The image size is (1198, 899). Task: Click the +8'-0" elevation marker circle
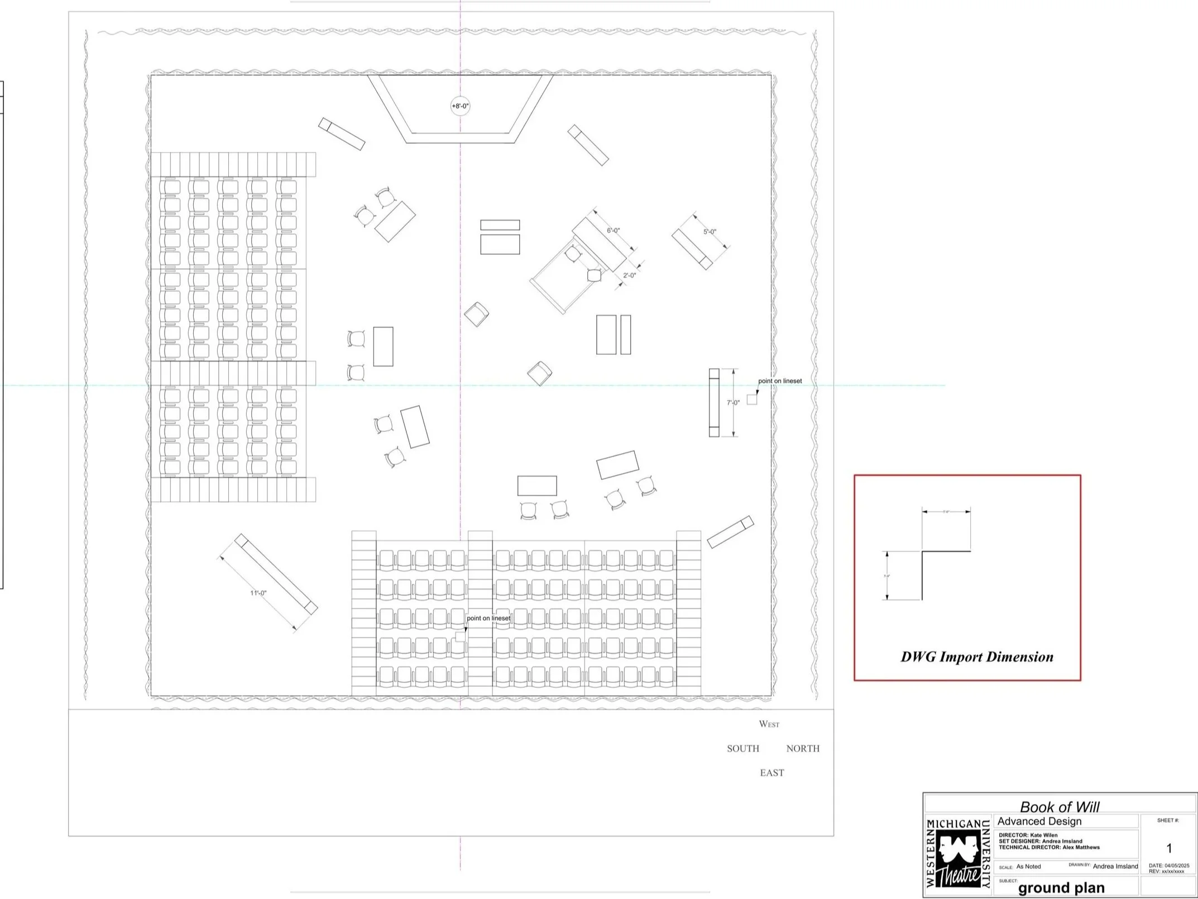(x=460, y=106)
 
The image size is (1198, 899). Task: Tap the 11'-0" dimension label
(x=258, y=593)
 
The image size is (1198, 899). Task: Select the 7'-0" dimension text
(x=733, y=402)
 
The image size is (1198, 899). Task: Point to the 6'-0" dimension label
(x=614, y=230)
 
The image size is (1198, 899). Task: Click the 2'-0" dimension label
(x=629, y=275)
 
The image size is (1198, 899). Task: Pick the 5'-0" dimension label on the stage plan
(x=710, y=231)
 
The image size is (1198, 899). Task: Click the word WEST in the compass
(x=769, y=724)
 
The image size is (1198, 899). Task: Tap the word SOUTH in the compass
(x=742, y=749)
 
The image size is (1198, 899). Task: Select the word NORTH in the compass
(x=803, y=749)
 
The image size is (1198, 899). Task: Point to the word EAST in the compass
(x=771, y=773)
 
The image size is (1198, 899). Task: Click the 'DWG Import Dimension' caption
(x=977, y=657)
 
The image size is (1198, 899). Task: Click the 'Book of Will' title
(x=1059, y=807)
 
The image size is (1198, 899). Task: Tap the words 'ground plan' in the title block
(x=1061, y=888)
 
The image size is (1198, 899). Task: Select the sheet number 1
(x=1169, y=848)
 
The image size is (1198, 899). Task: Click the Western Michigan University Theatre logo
(x=958, y=855)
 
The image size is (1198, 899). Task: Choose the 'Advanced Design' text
(x=1039, y=821)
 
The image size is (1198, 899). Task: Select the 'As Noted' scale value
(x=1028, y=867)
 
